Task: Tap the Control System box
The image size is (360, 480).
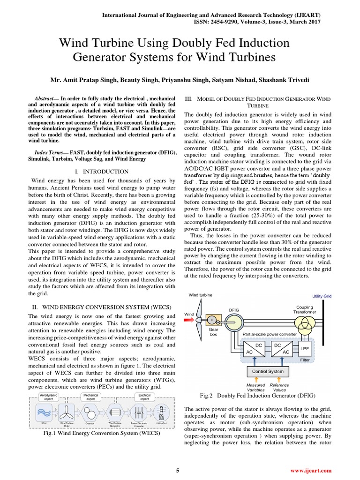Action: click(x=267, y=371)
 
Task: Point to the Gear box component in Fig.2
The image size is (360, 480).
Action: click(x=214, y=321)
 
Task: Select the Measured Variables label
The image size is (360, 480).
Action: click(x=255, y=387)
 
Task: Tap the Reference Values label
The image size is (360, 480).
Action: click(x=279, y=387)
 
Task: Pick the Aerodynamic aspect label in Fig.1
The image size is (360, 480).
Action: click(x=49, y=397)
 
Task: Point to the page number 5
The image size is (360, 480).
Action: click(x=178, y=471)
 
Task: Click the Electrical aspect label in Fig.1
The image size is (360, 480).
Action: click(x=144, y=397)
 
